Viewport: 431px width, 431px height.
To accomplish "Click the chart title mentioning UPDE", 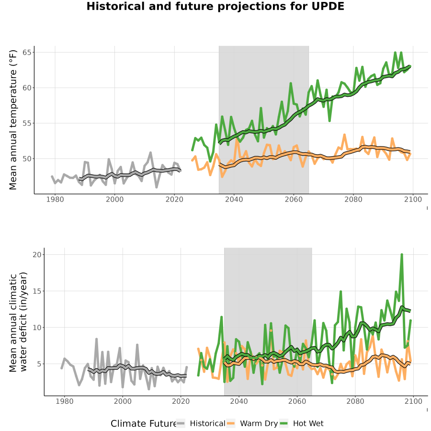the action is (215, 6).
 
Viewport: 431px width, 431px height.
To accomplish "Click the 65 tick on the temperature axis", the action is (27, 52).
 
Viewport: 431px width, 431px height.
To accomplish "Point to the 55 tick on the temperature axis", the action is (27, 123).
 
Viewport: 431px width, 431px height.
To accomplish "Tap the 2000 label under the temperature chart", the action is (114, 199).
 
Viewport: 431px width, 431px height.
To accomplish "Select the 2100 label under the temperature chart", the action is (413, 199).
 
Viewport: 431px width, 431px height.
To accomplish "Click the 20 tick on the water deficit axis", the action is (37, 255).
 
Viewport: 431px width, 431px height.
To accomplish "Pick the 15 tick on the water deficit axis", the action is (37, 291).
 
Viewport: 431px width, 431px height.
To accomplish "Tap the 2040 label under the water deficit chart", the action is (239, 401).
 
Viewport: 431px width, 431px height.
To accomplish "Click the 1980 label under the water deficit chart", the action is (65, 401).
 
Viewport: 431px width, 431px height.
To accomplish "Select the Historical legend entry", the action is (201, 423).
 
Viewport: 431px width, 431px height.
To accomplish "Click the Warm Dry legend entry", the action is (252, 423).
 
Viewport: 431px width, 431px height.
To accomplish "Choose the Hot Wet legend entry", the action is (302, 423).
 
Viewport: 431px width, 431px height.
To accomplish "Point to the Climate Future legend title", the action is (143, 424).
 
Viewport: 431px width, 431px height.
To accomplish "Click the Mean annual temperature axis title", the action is (12, 120).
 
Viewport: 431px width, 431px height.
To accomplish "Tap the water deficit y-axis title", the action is (18, 322).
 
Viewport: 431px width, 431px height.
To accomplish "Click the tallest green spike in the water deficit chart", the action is (402, 255).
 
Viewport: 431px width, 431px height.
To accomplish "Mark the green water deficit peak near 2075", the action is (340, 291).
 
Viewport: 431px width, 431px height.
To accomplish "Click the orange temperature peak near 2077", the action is (344, 135).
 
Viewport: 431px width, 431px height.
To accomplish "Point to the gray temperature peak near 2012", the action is (150, 152).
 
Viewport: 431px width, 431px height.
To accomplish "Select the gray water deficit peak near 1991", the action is (96, 339).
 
